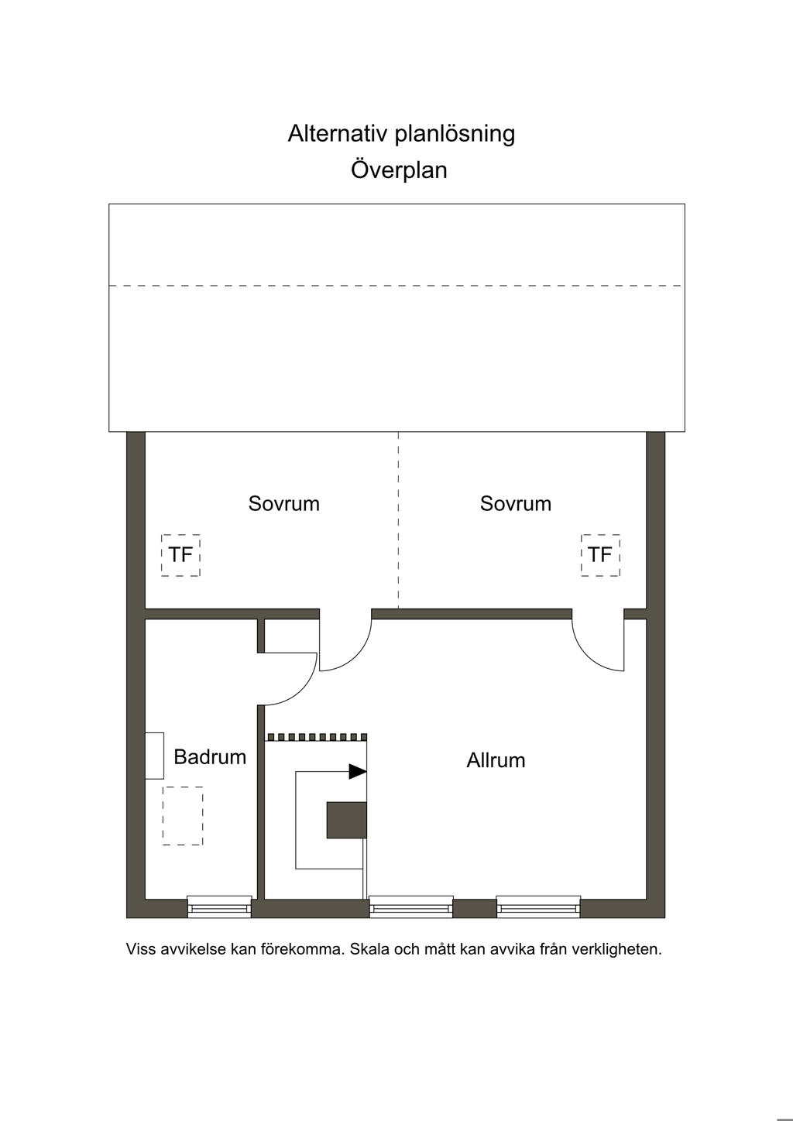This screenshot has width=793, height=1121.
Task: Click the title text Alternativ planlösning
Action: click(x=401, y=134)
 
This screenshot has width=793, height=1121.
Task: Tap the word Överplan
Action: click(x=399, y=170)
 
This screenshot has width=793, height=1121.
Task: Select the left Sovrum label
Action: click(x=283, y=504)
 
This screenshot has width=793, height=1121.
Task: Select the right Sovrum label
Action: click(x=516, y=504)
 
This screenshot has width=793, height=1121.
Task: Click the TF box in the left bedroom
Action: click(x=180, y=555)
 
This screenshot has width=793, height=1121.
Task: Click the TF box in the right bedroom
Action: click(x=600, y=555)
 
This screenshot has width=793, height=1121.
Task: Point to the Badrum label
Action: click(x=210, y=757)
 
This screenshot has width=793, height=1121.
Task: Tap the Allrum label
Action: click(x=496, y=760)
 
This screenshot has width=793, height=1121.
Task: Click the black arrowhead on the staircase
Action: click(x=357, y=771)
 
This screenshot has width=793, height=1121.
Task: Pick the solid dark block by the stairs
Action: click(x=346, y=820)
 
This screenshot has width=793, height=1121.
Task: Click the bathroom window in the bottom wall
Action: click(x=219, y=906)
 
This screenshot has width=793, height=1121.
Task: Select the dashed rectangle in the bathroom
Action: click(x=183, y=816)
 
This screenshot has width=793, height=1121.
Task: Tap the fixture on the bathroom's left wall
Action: click(x=155, y=755)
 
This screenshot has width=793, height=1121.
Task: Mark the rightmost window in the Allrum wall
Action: click(x=538, y=906)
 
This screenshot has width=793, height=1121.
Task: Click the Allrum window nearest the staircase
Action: click(x=410, y=906)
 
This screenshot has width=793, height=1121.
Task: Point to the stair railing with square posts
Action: click(x=317, y=737)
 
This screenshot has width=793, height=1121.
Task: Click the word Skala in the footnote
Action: click(x=369, y=949)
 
